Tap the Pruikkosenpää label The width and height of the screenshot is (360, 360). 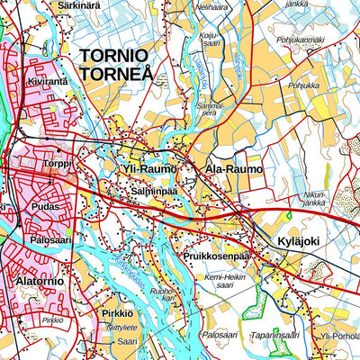pos(215,255)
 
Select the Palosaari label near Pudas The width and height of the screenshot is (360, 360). pos(51,241)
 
